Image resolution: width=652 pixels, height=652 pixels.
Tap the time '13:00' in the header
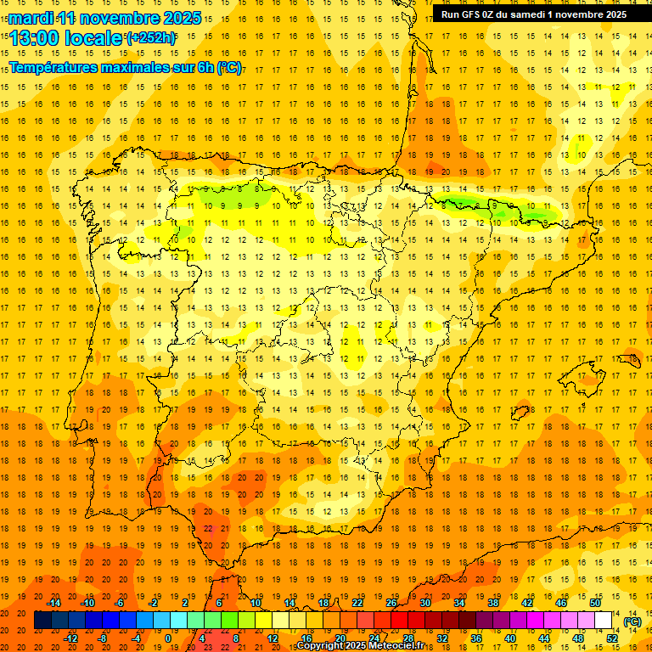[37, 38]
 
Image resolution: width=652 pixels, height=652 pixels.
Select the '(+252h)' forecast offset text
[151, 38]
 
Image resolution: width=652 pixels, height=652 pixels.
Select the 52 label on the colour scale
[612, 638]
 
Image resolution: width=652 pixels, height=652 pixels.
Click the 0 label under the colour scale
[167, 638]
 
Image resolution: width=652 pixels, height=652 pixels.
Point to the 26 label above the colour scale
[391, 603]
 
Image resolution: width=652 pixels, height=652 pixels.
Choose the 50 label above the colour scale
[595, 603]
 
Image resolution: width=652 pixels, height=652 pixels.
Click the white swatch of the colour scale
[604, 621]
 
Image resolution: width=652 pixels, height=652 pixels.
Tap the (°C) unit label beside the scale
[632, 621]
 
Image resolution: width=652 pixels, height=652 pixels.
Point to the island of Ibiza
[520, 413]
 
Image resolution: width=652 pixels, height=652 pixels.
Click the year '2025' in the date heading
[181, 18]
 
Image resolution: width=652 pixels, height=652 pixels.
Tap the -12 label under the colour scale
[71, 638]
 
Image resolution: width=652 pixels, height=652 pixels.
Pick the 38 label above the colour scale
[493, 603]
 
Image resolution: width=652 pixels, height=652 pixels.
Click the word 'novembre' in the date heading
[118, 18]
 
